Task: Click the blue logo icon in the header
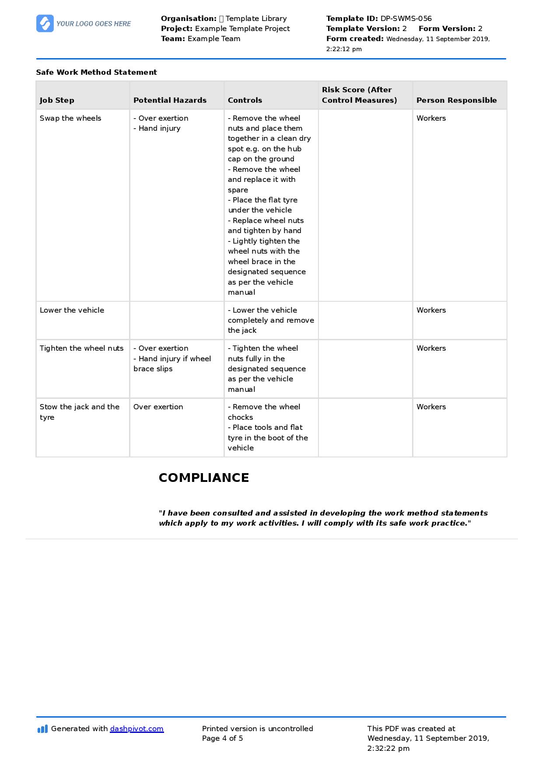click(45, 24)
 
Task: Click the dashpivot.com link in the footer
click(136, 729)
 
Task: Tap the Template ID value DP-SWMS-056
click(406, 18)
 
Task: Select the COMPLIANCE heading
click(204, 478)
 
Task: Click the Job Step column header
click(57, 100)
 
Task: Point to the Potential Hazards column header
click(170, 100)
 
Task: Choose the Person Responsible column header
click(456, 100)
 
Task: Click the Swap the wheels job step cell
click(70, 118)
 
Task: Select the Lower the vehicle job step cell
click(72, 310)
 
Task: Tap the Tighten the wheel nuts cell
click(82, 348)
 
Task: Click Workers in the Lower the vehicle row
click(431, 310)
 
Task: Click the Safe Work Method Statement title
click(96, 72)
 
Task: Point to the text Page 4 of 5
click(222, 738)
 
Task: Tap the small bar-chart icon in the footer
click(42, 729)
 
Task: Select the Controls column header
click(245, 100)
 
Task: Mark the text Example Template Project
click(242, 28)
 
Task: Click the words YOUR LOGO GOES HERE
click(94, 24)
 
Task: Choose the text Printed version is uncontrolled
click(257, 729)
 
